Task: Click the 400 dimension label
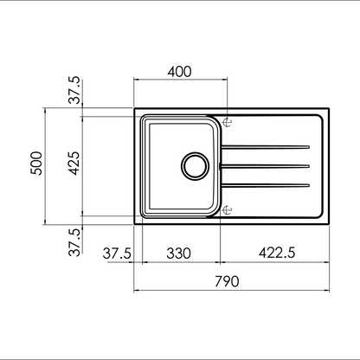click(179, 70)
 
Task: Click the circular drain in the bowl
click(194, 164)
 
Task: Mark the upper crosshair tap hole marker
click(228, 121)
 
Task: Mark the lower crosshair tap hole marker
click(228, 209)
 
